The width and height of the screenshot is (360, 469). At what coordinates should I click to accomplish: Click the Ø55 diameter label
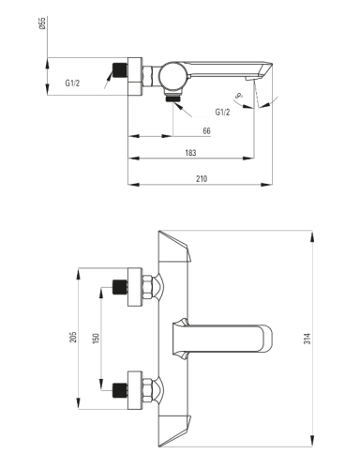point(42,23)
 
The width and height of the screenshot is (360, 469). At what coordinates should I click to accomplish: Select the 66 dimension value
point(206,130)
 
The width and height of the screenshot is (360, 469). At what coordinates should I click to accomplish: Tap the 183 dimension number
point(190,153)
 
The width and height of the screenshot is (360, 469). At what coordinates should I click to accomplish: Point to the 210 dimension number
point(202,178)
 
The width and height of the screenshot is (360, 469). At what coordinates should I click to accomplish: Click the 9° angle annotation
point(239,96)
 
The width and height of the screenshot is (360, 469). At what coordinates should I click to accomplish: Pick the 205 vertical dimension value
point(73,337)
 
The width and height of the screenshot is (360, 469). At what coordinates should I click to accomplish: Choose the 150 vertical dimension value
point(96,339)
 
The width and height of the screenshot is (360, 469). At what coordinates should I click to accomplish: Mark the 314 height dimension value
point(307,339)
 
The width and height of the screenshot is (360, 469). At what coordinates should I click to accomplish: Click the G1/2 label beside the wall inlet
point(72,83)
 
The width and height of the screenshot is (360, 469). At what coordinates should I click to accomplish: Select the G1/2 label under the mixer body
point(222,112)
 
